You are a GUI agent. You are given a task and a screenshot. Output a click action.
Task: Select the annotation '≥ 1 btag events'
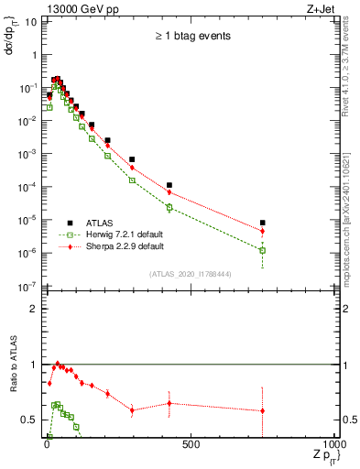click(x=191, y=37)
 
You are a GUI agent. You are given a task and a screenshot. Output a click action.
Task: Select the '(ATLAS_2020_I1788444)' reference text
click(x=190, y=272)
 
